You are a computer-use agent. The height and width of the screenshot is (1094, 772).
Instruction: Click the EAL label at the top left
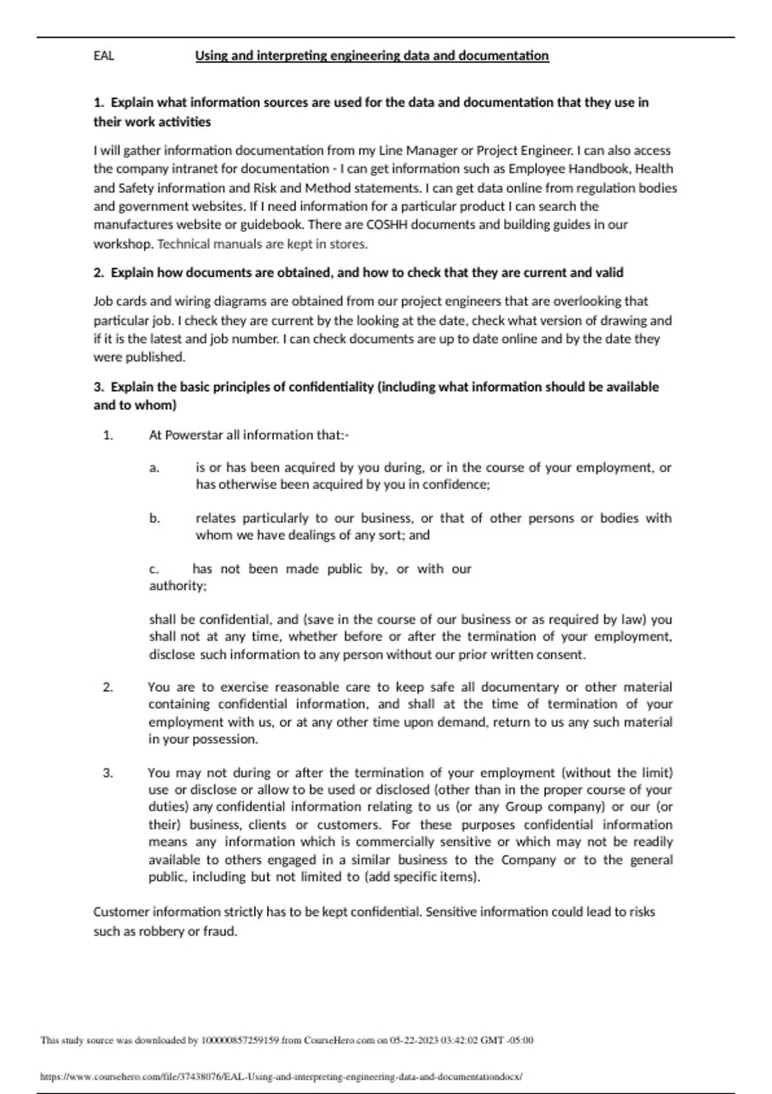click(x=104, y=56)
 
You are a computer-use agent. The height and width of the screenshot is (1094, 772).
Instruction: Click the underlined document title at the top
click(x=372, y=56)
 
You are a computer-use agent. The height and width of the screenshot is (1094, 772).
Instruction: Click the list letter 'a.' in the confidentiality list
click(x=154, y=468)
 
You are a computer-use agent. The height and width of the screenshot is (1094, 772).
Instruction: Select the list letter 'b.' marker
click(x=154, y=518)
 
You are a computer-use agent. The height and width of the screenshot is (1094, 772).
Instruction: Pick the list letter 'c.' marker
click(x=154, y=569)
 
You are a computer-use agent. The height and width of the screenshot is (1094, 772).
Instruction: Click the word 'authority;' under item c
click(x=178, y=586)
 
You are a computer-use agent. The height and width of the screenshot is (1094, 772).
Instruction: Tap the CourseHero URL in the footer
click(x=281, y=1077)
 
